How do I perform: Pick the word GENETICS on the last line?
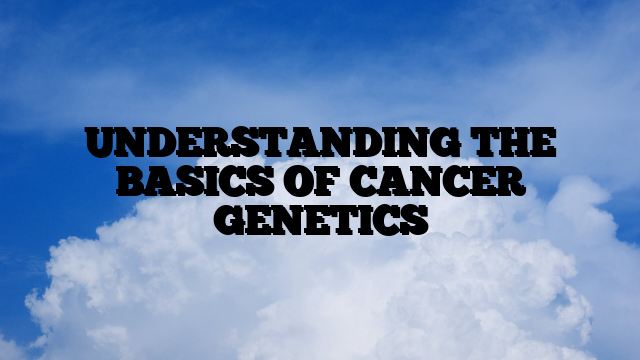(x=320, y=218)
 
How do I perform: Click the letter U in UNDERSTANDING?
(x=99, y=146)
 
